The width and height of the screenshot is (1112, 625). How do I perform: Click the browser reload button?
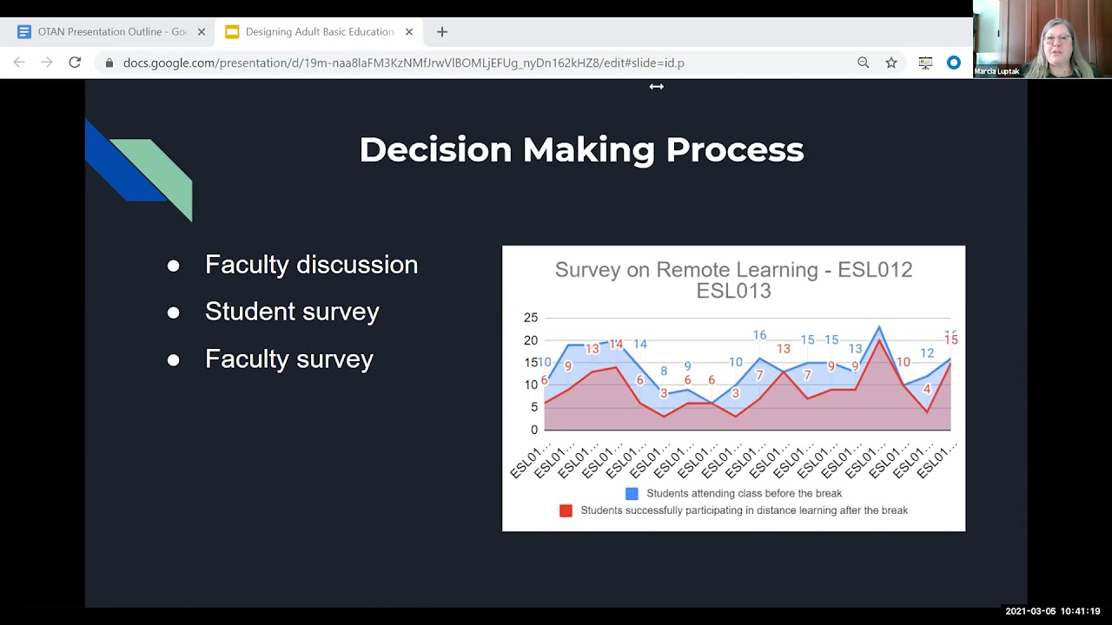coord(75,62)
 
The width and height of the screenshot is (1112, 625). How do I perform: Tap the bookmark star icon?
coord(890,62)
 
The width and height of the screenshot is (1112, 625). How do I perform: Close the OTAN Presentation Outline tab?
coord(202,32)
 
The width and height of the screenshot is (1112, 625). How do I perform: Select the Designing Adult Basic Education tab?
coord(318,32)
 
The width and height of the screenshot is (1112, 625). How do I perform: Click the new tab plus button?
coord(441,32)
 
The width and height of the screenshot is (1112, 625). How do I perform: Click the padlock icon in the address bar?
coord(109,63)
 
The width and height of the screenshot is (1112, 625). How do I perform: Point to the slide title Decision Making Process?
coord(581,149)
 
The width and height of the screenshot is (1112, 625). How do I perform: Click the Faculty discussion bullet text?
coord(311,265)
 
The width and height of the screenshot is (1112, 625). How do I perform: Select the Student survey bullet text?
coord(292,312)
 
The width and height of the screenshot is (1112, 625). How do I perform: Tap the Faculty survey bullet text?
coord(289,359)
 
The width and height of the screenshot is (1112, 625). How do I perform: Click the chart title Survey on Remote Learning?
coord(733,280)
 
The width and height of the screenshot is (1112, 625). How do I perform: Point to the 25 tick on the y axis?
coord(531,318)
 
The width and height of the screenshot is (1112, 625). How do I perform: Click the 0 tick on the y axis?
coord(534,430)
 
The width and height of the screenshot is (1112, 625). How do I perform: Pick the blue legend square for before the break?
coord(632,493)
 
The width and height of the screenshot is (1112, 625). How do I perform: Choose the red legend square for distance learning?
coord(566,510)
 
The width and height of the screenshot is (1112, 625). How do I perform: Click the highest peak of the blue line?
coord(879,327)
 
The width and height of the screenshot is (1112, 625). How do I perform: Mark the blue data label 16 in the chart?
coord(759,335)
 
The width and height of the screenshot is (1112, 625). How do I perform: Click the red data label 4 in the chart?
coord(927,390)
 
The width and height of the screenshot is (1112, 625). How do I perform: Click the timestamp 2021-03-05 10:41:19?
coord(1053,611)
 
